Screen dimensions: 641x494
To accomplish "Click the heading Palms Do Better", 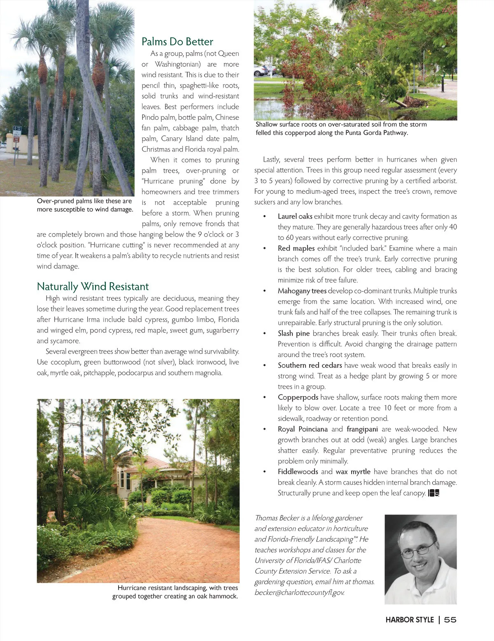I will pos(177,42).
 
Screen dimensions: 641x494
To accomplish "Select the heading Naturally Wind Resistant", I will pos(93,286).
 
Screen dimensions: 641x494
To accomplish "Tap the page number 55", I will pos(450,620).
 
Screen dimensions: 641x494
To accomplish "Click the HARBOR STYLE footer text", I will pos(410,620).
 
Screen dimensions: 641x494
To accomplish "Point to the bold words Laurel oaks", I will pos(295,216).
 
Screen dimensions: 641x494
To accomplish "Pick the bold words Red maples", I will pos(296,249).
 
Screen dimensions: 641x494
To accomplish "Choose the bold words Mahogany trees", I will pos(302,291).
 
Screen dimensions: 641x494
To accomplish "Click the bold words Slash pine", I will pos(294,333).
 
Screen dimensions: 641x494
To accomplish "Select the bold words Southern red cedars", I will pos(310,365).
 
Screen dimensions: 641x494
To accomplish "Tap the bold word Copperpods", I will pos(298,397).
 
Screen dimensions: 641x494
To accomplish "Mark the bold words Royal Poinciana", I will pos(303,429).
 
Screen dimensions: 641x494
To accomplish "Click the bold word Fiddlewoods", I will pos(298,472).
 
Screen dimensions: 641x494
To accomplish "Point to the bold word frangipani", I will pos(362,429).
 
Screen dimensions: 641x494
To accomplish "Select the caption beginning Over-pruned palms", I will pos(85,205).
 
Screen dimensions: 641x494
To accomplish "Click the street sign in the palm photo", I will pos(16,134).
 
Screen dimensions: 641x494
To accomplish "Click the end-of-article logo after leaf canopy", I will pos(434,493).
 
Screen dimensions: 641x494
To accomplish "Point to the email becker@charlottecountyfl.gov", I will pos(299,592).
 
